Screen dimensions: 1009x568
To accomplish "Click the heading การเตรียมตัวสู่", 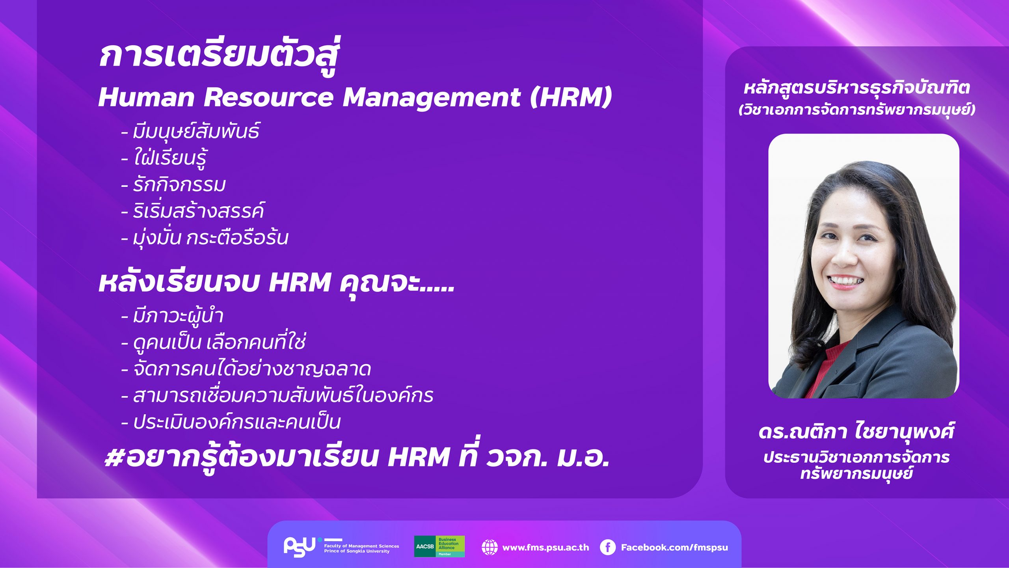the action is (x=220, y=56).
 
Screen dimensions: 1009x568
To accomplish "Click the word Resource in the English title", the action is (x=268, y=97).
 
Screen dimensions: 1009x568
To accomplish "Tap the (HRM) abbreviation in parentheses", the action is (x=571, y=97).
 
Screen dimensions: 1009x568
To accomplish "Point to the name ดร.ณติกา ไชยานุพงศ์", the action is (x=856, y=431).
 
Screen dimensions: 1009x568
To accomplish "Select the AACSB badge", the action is (x=439, y=546).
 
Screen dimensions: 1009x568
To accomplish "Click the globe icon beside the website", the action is (x=490, y=547).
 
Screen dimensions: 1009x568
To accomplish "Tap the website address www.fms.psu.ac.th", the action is (x=545, y=548).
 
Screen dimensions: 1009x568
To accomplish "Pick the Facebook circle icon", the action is (x=607, y=547).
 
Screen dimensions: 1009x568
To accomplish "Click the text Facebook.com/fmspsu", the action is (x=674, y=548).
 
